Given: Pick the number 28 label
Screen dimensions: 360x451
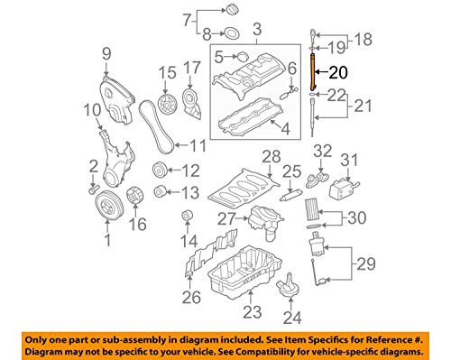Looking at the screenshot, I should (271, 160).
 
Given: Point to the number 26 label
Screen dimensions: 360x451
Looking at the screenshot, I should (189, 297).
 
